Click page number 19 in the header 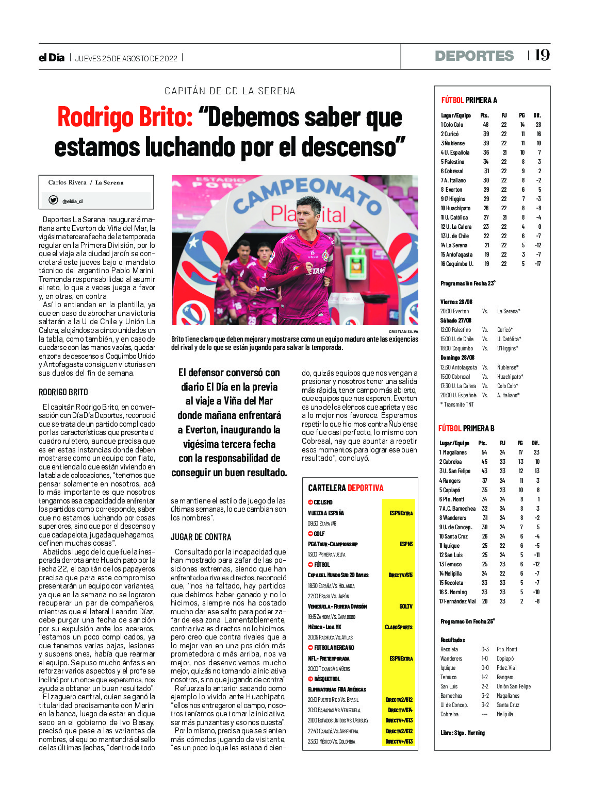(x=542, y=55)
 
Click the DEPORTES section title (x=474, y=56)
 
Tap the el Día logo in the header (x=52, y=58)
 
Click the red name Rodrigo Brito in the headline (x=125, y=117)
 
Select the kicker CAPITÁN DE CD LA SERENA (x=230, y=91)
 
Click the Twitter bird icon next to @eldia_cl (x=53, y=200)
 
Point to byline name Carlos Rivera (x=67, y=182)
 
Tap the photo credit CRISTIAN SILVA (x=403, y=331)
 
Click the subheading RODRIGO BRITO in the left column (x=63, y=392)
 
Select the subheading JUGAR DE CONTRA (x=201, y=537)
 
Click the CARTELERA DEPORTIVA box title (x=346, y=488)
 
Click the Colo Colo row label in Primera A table (x=452, y=125)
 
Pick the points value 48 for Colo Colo (x=485, y=125)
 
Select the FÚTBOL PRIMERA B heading (x=466, y=428)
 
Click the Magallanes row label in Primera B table (x=454, y=452)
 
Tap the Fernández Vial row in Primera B (x=458, y=601)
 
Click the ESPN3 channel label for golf (x=406, y=544)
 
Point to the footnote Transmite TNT (x=457, y=405)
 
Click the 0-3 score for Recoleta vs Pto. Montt (x=485, y=649)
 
